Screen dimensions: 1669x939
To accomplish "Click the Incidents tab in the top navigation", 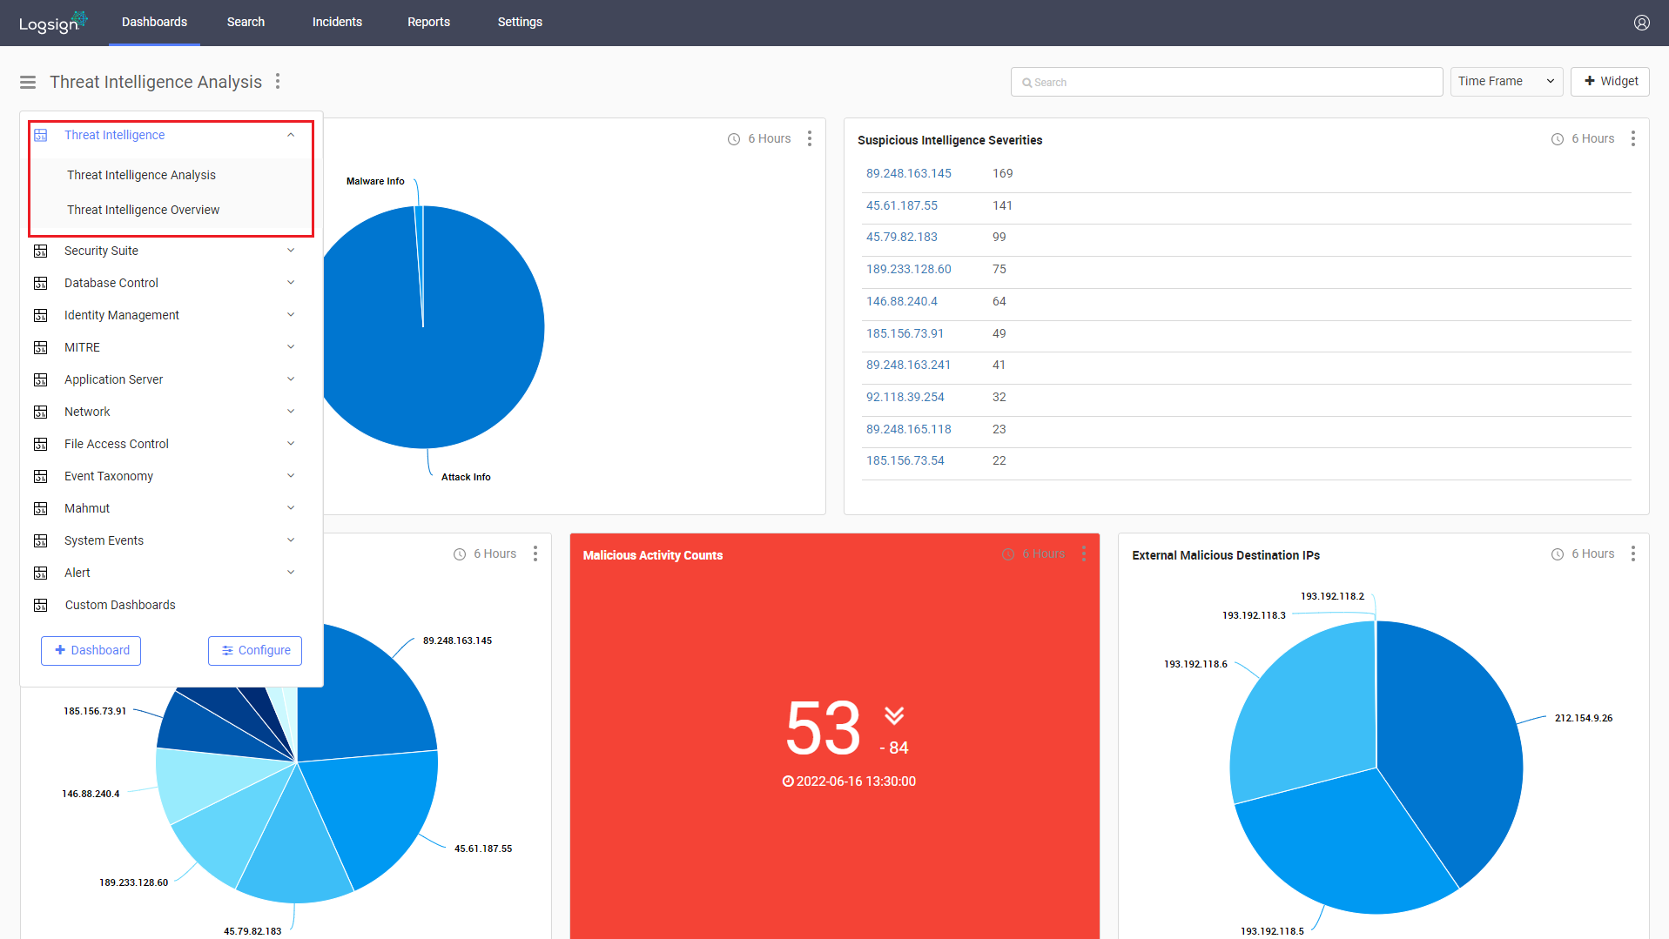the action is [337, 22].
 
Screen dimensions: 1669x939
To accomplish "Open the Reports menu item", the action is [428, 22].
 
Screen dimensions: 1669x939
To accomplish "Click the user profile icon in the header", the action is [1641, 23].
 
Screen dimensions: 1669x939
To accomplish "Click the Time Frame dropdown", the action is [1506, 82].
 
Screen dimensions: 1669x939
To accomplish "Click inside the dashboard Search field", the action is [1226, 82].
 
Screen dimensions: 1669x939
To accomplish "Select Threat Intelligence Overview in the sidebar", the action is [143, 210].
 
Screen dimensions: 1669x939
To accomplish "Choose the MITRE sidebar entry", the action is [82, 347].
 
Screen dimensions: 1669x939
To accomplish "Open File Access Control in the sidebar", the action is [117, 444].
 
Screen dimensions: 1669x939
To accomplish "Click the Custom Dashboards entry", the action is [120, 605].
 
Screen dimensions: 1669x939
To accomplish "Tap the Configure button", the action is [255, 651].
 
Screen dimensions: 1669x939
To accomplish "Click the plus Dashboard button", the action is [91, 651].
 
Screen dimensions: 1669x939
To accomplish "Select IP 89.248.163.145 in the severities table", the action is [908, 173].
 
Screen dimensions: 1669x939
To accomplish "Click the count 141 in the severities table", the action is [1002, 205].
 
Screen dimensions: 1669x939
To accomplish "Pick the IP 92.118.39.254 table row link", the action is [905, 397].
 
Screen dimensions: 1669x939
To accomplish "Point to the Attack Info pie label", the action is [466, 477].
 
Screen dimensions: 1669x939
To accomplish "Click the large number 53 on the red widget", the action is [823, 728].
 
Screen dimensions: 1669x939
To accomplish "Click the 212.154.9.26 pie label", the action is [1584, 718].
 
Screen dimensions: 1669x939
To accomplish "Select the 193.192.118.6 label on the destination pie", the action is [1195, 664].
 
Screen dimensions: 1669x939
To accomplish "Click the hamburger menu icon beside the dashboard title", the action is [28, 82].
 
